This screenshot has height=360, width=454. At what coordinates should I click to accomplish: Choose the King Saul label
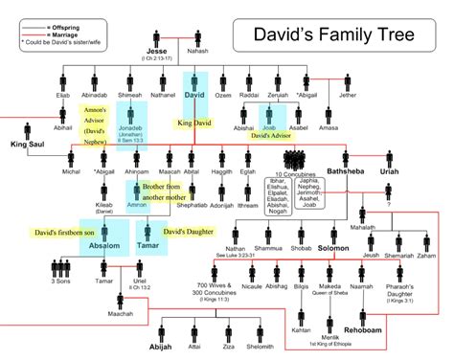click(x=28, y=144)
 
